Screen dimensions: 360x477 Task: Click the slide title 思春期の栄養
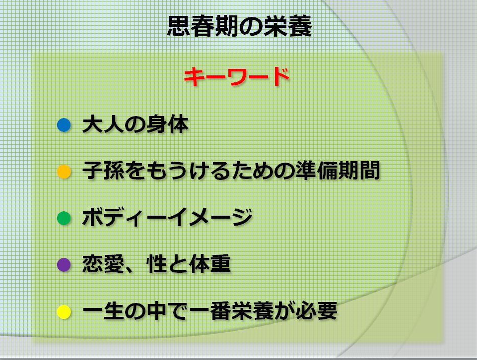click(x=239, y=28)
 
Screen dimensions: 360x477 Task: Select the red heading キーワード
click(x=237, y=77)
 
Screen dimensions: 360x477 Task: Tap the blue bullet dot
click(x=64, y=124)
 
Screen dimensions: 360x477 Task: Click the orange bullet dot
click(x=64, y=172)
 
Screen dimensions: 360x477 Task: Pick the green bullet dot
click(x=64, y=218)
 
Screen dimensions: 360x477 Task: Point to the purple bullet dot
click(x=64, y=264)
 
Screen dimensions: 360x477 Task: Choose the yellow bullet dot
click(x=64, y=312)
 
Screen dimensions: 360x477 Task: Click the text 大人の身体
click(x=135, y=125)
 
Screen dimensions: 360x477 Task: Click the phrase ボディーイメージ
click(x=167, y=218)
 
